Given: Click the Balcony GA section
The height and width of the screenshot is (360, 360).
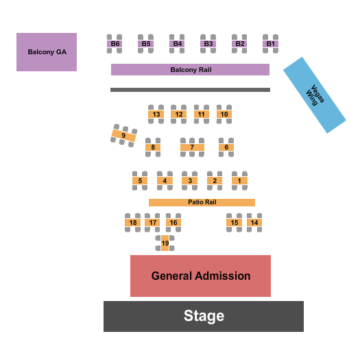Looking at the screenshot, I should [47, 52].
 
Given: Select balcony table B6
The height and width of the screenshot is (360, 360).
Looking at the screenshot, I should [115, 44].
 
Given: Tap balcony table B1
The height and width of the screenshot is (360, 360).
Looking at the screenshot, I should [271, 44].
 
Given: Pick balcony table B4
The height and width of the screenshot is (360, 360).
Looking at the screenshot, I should [177, 44].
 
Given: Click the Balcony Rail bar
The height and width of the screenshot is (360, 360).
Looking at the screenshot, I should [190, 70].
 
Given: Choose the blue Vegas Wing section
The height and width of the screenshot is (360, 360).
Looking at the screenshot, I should [314, 95].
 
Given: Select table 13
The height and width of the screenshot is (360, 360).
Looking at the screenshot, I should [156, 114].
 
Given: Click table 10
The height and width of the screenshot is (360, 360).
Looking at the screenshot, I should [224, 114].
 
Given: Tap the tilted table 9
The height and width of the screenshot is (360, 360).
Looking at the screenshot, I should [123, 136].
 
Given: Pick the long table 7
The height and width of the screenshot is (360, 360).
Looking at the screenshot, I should [193, 147].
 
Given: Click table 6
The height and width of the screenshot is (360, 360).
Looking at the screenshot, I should [226, 147].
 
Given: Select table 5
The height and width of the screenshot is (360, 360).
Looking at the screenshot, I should [140, 181].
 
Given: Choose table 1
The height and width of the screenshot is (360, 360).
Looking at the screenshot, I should [239, 181].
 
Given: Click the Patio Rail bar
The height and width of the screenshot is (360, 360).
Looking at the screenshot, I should [202, 202].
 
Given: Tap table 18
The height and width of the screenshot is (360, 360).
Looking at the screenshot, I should [133, 223].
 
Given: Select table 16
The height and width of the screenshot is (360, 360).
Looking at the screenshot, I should [173, 223].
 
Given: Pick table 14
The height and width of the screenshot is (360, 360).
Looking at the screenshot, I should [254, 223].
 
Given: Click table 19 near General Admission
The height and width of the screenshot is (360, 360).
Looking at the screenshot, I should [165, 243].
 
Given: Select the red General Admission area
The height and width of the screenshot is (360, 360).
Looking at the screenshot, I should [200, 276].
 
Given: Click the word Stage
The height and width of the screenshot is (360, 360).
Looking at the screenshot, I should [204, 316].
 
